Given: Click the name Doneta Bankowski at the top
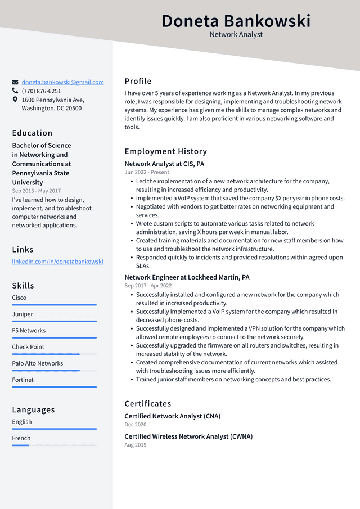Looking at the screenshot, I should point(236,21).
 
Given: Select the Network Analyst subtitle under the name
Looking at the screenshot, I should point(236,34).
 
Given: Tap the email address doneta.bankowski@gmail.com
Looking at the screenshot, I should point(62,82).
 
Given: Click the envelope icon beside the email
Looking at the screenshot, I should point(15,82).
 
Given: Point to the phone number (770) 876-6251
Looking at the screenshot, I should point(42,91).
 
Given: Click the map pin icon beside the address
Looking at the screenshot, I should point(15,100).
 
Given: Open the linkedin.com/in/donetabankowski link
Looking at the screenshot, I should point(57,262).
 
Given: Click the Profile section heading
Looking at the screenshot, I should point(138,81).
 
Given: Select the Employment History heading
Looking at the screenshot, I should point(165,151).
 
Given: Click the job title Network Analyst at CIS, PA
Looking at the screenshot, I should point(164,164).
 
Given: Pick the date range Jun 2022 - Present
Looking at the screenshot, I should point(147,173).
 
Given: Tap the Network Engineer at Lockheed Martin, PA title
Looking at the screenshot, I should point(187,277).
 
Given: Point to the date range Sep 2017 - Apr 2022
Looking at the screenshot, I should point(148,286).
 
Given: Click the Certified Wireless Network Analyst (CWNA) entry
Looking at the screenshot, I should point(188,436).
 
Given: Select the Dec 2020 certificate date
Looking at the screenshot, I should point(136,425).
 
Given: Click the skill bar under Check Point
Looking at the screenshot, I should point(54,354).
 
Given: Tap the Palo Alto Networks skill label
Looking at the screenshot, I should point(38,363).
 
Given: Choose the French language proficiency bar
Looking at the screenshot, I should point(54,445).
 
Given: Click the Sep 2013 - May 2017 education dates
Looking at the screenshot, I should point(37,191).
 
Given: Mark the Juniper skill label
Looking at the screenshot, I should point(22,314).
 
